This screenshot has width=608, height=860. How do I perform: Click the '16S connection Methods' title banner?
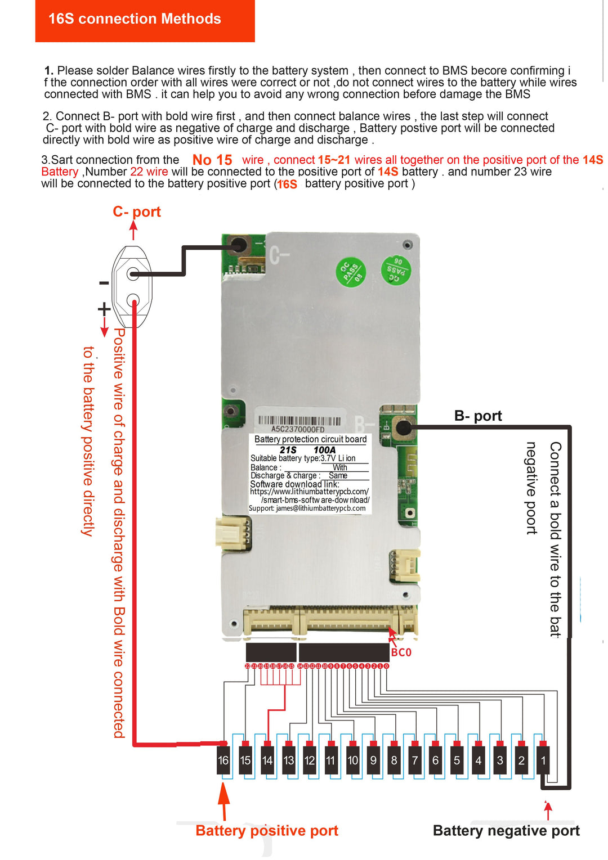pos(135,19)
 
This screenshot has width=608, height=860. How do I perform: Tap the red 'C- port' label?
pos(137,212)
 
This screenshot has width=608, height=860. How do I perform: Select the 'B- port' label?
pos(478,416)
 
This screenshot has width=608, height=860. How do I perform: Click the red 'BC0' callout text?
pos(401,652)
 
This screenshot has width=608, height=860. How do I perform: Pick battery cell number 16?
pos(223,760)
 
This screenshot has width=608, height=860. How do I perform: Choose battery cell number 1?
pos(543,760)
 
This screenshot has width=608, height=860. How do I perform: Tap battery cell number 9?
pos(373,760)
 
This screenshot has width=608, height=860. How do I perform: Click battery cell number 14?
pos(267,760)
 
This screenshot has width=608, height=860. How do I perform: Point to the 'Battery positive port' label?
pos(267,831)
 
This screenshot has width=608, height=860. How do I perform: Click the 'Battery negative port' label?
pos(506,831)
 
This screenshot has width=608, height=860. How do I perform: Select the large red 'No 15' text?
pos(212,160)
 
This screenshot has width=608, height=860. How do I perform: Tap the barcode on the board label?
pos(299,421)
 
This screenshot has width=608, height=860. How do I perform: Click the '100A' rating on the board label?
pos(324,450)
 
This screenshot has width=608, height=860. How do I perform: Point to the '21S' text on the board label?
pos(288,450)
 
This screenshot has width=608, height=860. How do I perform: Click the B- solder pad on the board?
pos(403,428)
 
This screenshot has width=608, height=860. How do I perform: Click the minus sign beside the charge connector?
pos(104,283)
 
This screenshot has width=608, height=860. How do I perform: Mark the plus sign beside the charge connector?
pos(104,309)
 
